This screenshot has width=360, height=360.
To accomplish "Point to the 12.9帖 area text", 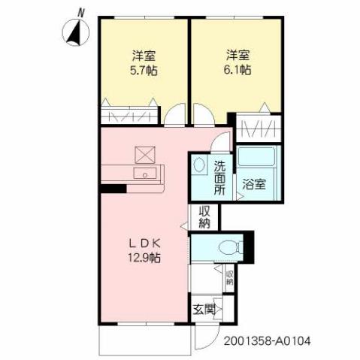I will (x=142, y=258).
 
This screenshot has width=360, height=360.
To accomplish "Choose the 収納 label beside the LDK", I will (x=205, y=216).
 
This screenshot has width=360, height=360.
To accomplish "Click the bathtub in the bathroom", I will (x=258, y=159).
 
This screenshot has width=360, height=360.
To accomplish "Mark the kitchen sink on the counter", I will (x=143, y=174).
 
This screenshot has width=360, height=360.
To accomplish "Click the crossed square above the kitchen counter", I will (x=144, y=153).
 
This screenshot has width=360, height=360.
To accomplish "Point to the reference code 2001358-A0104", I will (x=267, y=340).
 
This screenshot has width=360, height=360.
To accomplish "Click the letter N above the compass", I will (x=81, y=11).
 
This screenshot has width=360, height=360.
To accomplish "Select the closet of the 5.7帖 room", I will (x=129, y=116).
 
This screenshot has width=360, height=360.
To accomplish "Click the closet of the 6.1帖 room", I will (x=260, y=126).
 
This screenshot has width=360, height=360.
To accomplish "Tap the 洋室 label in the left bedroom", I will (x=143, y=55).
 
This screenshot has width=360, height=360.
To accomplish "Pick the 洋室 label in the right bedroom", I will (x=237, y=55).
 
